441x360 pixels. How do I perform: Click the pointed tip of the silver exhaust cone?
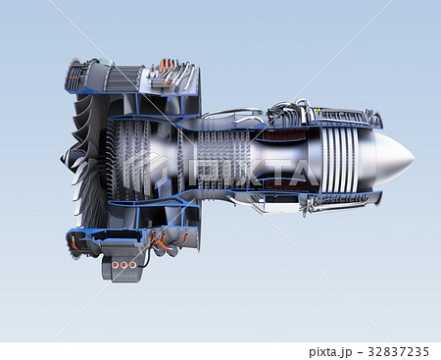tap(414, 159)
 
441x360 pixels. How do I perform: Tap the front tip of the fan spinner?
tap(61, 159)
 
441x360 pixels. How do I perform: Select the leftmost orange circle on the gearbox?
tap(115, 265)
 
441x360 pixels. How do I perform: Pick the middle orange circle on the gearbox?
tap(123, 265)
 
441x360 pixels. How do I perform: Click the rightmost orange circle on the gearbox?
tap(132, 265)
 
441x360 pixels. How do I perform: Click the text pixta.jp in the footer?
tap(330, 352)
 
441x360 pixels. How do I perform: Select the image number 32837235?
tap(398, 352)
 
